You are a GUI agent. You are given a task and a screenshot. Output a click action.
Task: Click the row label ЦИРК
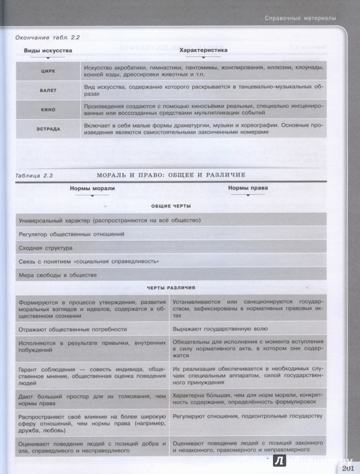point(48,71)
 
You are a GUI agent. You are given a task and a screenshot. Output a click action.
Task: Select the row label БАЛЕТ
point(48,91)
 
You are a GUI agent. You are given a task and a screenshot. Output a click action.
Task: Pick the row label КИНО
point(48,109)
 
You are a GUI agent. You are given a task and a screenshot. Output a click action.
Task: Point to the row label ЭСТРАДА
point(48,129)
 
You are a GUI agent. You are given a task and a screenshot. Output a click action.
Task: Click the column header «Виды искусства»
point(48,51)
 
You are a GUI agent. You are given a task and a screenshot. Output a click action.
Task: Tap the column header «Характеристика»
point(203,51)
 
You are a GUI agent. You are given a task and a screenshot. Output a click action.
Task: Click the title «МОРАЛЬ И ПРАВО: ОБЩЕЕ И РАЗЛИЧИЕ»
point(171,175)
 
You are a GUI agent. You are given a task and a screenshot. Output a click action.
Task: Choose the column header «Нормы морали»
point(92,188)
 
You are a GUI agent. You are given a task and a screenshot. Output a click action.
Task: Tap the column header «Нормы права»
point(247,188)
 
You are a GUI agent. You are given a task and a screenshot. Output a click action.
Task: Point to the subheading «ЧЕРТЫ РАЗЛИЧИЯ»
point(171,287)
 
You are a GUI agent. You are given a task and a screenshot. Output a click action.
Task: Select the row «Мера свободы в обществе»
point(57,275)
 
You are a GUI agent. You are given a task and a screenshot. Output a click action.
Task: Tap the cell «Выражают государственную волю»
point(220,328)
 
